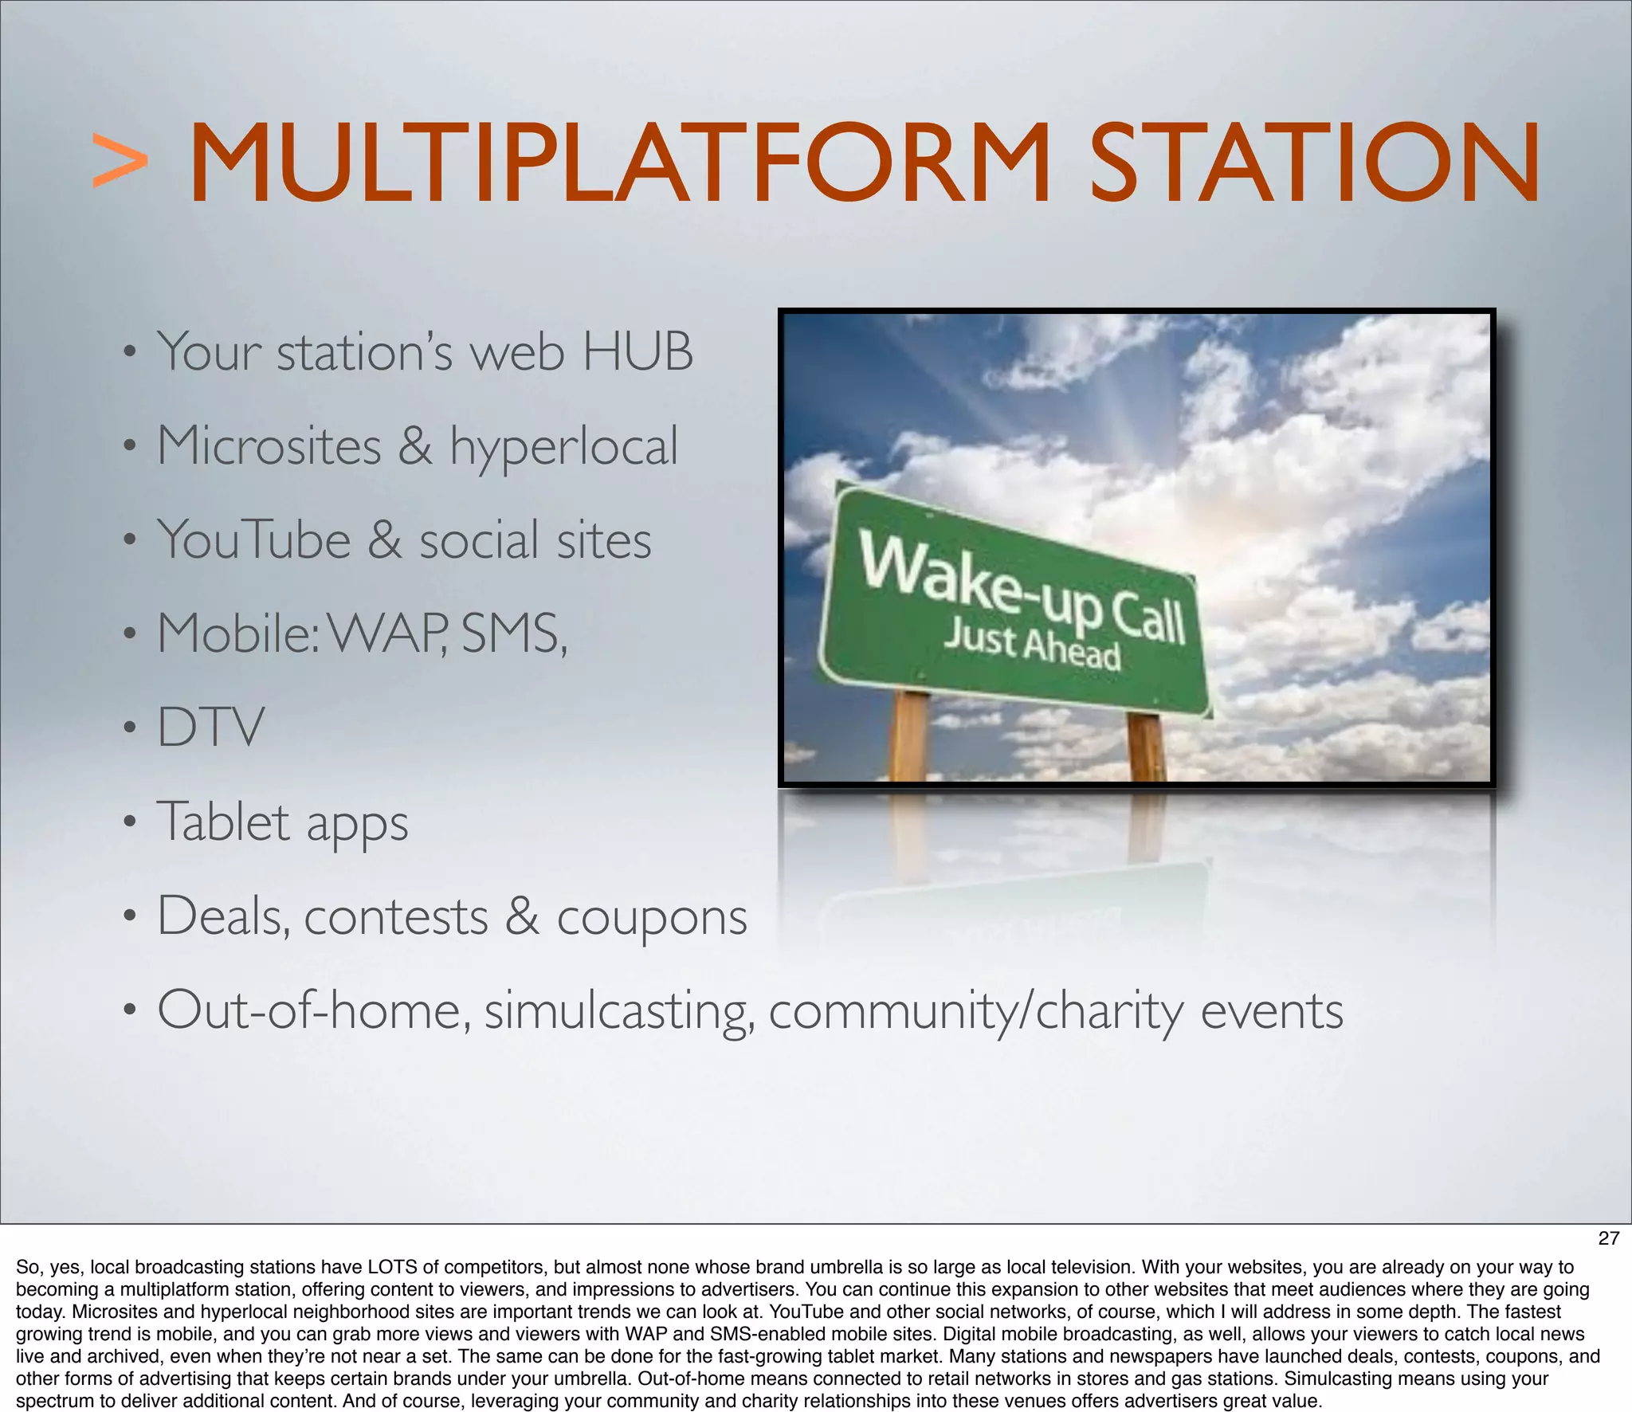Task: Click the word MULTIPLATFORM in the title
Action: (x=620, y=163)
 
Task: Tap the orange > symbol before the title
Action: (x=120, y=162)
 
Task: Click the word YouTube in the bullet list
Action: (x=253, y=540)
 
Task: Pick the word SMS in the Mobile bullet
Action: (x=512, y=634)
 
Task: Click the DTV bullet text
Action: (x=210, y=728)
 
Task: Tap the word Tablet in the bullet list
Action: (x=223, y=822)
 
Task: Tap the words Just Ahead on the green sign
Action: (x=1033, y=645)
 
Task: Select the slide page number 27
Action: (x=1608, y=1237)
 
